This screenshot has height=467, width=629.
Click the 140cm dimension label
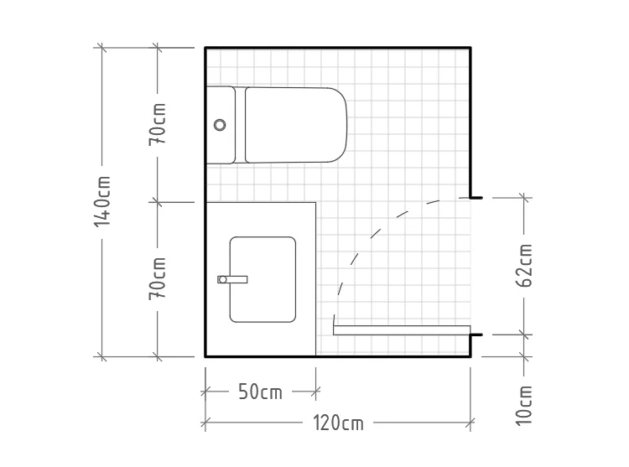(101, 201)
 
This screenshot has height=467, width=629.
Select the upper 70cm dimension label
(158, 124)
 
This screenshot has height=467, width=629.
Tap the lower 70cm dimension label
(158, 278)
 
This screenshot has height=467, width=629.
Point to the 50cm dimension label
(260, 392)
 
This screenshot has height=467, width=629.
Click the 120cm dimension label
(338, 423)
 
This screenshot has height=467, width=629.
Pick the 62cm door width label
(524, 266)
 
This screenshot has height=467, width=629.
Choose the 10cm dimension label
(524, 405)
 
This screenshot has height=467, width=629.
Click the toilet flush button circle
(220, 125)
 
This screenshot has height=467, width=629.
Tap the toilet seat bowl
(296, 125)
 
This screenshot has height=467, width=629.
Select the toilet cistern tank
(221, 125)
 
